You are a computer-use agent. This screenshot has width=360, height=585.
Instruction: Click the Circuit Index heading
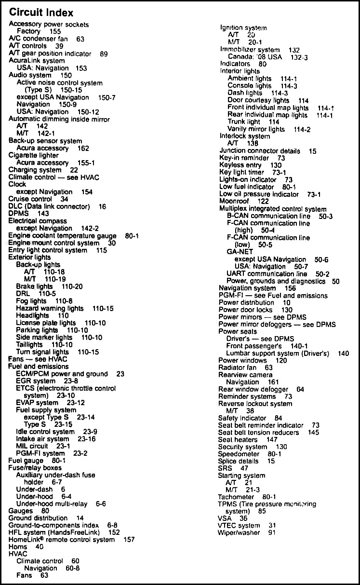click(41, 12)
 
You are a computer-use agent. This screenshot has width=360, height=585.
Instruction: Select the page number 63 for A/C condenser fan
click(80, 39)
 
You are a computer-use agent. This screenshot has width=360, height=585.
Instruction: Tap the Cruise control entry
click(30, 199)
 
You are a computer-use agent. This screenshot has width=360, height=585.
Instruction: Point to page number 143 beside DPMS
click(43, 213)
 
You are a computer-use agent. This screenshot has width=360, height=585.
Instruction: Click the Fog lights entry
click(31, 301)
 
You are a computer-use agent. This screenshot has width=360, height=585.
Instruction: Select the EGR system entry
click(36, 381)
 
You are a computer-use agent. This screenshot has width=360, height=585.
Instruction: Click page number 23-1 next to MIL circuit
click(63, 446)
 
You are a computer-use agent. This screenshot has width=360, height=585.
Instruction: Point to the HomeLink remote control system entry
click(62, 540)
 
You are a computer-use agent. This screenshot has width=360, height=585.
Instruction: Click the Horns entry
click(18, 547)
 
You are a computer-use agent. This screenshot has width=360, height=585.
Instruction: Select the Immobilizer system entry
click(250, 50)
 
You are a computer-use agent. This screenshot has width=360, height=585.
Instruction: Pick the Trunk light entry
click(244, 122)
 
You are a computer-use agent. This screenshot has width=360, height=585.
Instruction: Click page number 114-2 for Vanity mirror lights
click(302, 129)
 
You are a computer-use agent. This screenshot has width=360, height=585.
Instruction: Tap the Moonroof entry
click(233, 201)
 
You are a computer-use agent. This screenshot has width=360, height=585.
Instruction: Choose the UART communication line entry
click(267, 273)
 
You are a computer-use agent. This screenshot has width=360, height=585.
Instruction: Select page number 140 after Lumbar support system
click(343, 354)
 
